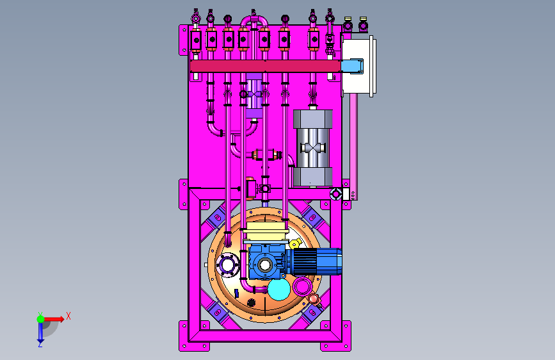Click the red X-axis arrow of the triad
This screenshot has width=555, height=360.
(x=54, y=319)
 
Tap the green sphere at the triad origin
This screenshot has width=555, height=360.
(x=40, y=319)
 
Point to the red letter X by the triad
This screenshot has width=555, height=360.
(x=68, y=316)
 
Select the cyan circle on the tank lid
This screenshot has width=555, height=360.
(x=279, y=290)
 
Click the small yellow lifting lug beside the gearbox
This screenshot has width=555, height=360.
(x=295, y=244)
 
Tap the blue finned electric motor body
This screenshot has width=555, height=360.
(x=313, y=262)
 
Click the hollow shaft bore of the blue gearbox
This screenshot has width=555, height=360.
(x=265, y=265)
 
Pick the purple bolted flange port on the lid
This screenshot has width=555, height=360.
(x=227, y=265)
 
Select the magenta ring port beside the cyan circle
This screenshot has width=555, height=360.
(x=302, y=286)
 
